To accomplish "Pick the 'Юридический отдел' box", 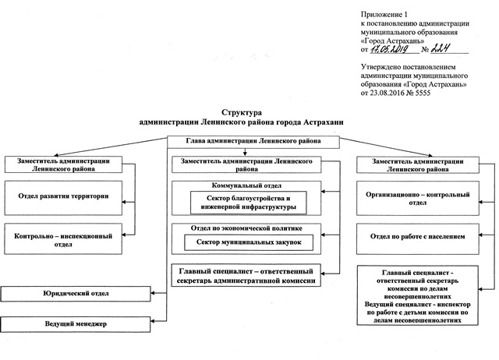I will coord(76,295).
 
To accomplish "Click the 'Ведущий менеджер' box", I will coord(76,323).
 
